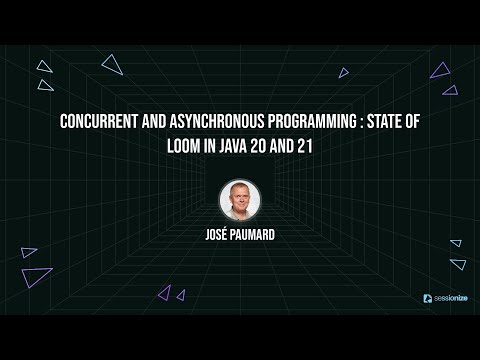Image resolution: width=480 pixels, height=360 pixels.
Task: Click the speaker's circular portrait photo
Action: pyautogui.click(x=240, y=198)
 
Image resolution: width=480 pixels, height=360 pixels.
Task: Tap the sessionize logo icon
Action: pyautogui.click(x=427, y=298)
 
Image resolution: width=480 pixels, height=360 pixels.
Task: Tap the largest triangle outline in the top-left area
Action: pyautogui.click(x=112, y=66)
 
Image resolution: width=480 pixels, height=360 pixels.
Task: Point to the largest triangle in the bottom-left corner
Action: pyautogui.click(x=36, y=276)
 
